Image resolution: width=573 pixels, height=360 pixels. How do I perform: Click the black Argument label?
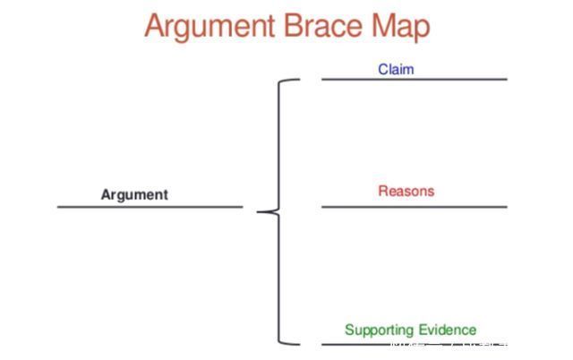click(134, 194)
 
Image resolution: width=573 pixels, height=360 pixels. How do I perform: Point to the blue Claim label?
click(396, 69)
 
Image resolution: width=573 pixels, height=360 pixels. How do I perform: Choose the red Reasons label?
click(406, 191)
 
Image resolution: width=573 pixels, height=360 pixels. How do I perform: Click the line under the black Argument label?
click(150, 207)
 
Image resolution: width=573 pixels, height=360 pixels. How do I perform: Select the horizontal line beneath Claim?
click(414, 80)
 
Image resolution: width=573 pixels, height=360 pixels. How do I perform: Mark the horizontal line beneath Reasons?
click(414, 207)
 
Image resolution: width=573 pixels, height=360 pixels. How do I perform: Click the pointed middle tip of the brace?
click(261, 212)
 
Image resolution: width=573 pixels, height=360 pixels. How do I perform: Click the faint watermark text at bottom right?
click(448, 344)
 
